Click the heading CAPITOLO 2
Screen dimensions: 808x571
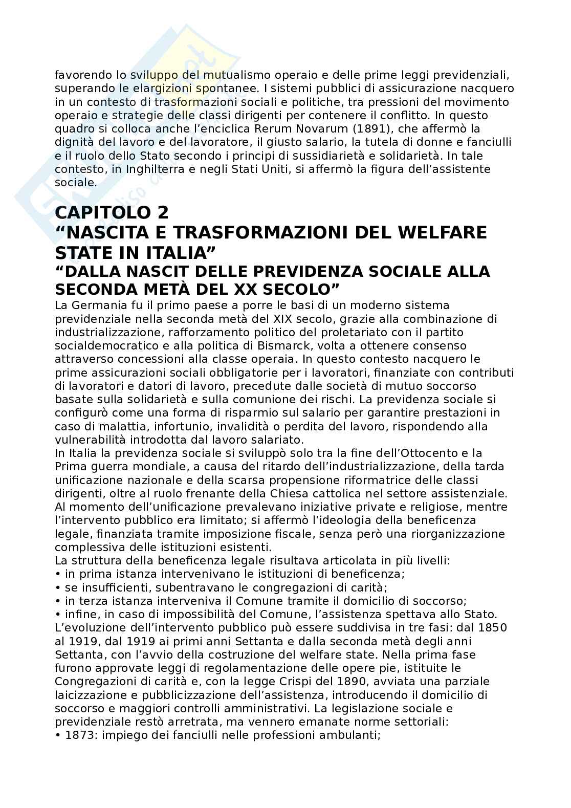click(x=112, y=212)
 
